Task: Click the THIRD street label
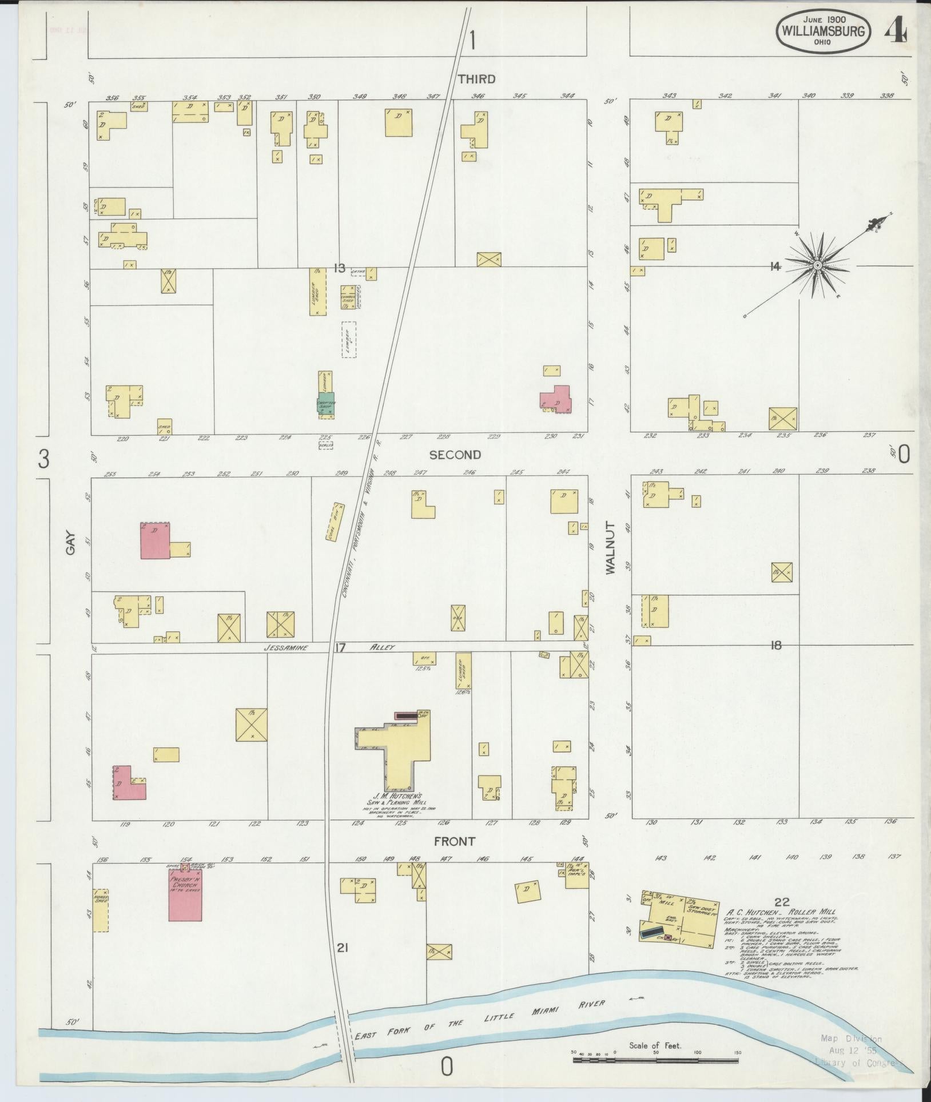(476, 79)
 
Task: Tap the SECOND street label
(455, 455)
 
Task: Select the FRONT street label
(455, 841)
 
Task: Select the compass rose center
(818, 266)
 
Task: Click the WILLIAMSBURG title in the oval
(823, 30)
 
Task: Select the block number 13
(340, 268)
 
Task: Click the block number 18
(775, 646)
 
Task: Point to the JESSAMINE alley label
(286, 648)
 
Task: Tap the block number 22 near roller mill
(782, 902)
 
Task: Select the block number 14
(775, 266)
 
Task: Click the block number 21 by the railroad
(343, 948)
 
